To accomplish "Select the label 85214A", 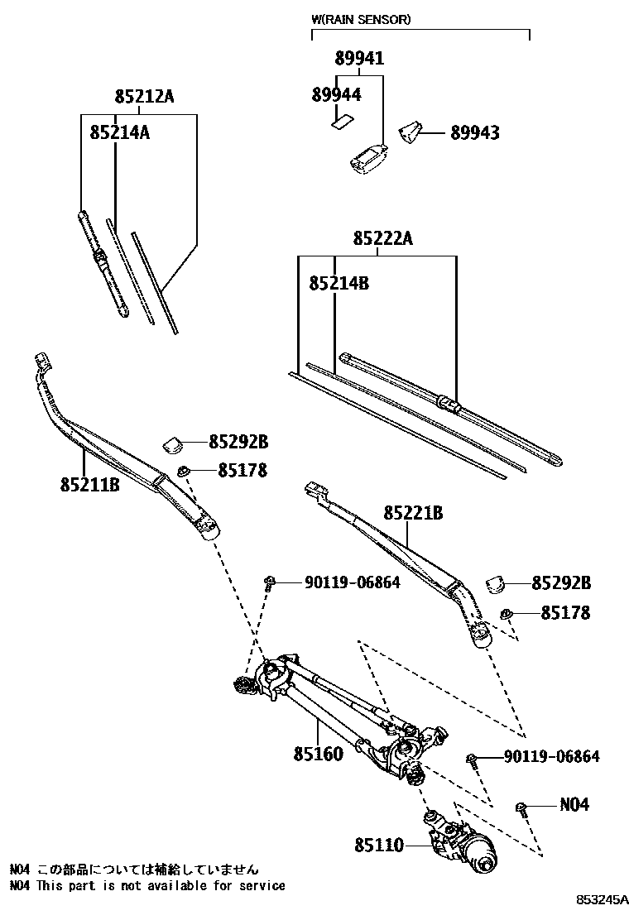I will (x=119, y=132).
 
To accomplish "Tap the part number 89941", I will (x=359, y=59).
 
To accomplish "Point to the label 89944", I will (x=336, y=94).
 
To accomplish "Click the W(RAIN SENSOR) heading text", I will (x=360, y=18).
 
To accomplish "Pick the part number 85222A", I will (x=382, y=239).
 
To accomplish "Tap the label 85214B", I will (x=339, y=283).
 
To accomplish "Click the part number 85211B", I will (x=89, y=484).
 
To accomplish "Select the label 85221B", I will (x=412, y=514).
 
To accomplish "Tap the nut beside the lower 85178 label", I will (x=507, y=614).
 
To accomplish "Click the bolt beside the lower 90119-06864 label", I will (x=472, y=759).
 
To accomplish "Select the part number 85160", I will (x=317, y=755).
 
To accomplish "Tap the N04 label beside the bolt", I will (x=574, y=804).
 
